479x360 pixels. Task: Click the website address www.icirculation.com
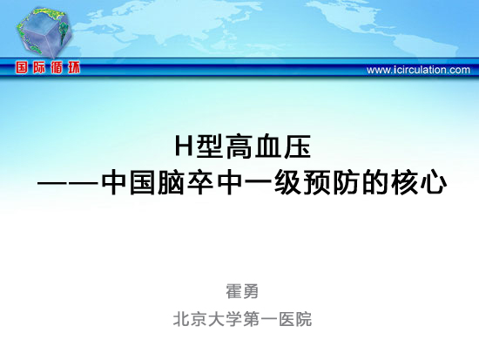(x=418, y=70)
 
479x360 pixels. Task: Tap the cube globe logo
(x=44, y=31)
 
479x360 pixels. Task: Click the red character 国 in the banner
(x=22, y=67)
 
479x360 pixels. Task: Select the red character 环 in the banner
(x=74, y=67)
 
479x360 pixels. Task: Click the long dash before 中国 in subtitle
(x=69, y=184)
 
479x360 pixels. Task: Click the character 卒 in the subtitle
(x=199, y=183)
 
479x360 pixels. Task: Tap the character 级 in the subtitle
(x=287, y=183)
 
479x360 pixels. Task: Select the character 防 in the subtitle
(x=346, y=183)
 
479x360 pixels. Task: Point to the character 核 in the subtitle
(x=405, y=183)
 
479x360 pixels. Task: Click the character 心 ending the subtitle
(x=434, y=183)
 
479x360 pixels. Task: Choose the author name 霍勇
(x=242, y=291)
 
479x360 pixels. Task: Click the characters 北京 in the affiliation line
(x=190, y=319)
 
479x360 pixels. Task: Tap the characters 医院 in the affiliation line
(x=294, y=319)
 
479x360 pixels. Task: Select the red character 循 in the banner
(x=57, y=67)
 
